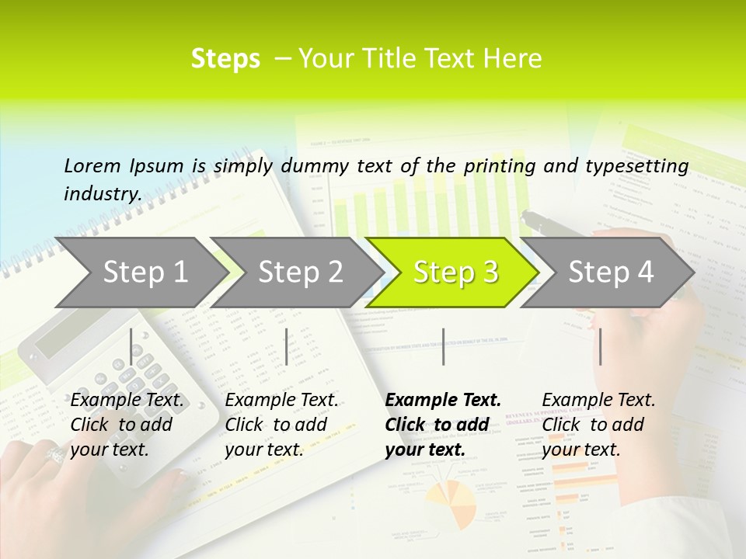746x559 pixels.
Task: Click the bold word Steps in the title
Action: (x=225, y=58)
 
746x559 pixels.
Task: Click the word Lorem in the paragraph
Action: (x=92, y=165)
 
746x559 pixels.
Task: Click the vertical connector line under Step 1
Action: (x=131, y=346)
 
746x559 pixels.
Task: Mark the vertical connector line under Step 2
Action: (x=287, y=346)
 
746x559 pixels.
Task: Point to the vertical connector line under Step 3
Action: (x=443, y=346)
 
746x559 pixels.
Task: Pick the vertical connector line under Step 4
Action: (x=600, y=346)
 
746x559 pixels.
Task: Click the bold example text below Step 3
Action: (x=442, y=425)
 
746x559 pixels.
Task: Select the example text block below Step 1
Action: (x=127, y=425)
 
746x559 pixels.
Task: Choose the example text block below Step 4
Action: (x=598, y=425)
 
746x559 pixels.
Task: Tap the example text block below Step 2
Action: (x=281, y=425)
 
